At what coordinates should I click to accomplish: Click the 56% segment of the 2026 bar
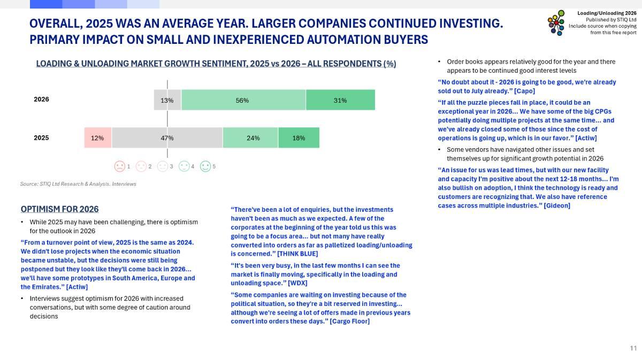[x=243, y=100]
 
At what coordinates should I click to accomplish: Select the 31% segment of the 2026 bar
[x=340, y=100]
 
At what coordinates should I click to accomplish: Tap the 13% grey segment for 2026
[x=167, y=100]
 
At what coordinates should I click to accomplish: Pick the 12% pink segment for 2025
[x=97, y=137]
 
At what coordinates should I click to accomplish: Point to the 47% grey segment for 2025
[x=167, y=137]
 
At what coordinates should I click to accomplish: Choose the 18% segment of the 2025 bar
[x=299, y=137]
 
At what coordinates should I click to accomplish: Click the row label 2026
[x=41, y=99]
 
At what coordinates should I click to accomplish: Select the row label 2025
[x=41, y=137]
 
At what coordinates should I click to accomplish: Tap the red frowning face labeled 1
[x=119, y=166]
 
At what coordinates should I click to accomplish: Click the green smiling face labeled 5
[x=205, y=166]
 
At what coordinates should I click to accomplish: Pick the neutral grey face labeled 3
[x=163, y=166]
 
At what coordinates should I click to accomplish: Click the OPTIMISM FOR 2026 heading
[x=59, y=209]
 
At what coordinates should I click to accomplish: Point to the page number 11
[x=633, y=348]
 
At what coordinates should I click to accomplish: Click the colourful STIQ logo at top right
[x=556, y=23]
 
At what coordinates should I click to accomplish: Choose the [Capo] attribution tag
[x=524, y=91]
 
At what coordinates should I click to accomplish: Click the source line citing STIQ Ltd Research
[x=78, y=184]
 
